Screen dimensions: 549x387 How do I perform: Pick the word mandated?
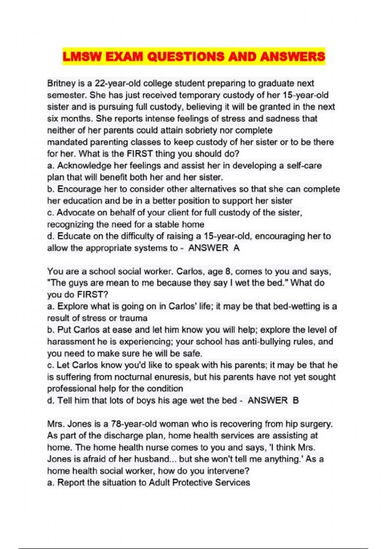coord(67,142)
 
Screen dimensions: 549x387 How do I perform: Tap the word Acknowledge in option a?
coord(84,166)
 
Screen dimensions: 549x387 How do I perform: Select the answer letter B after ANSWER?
coord(296,400)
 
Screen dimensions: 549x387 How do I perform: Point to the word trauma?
coord(133,318)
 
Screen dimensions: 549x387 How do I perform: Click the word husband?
coord(152,459)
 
